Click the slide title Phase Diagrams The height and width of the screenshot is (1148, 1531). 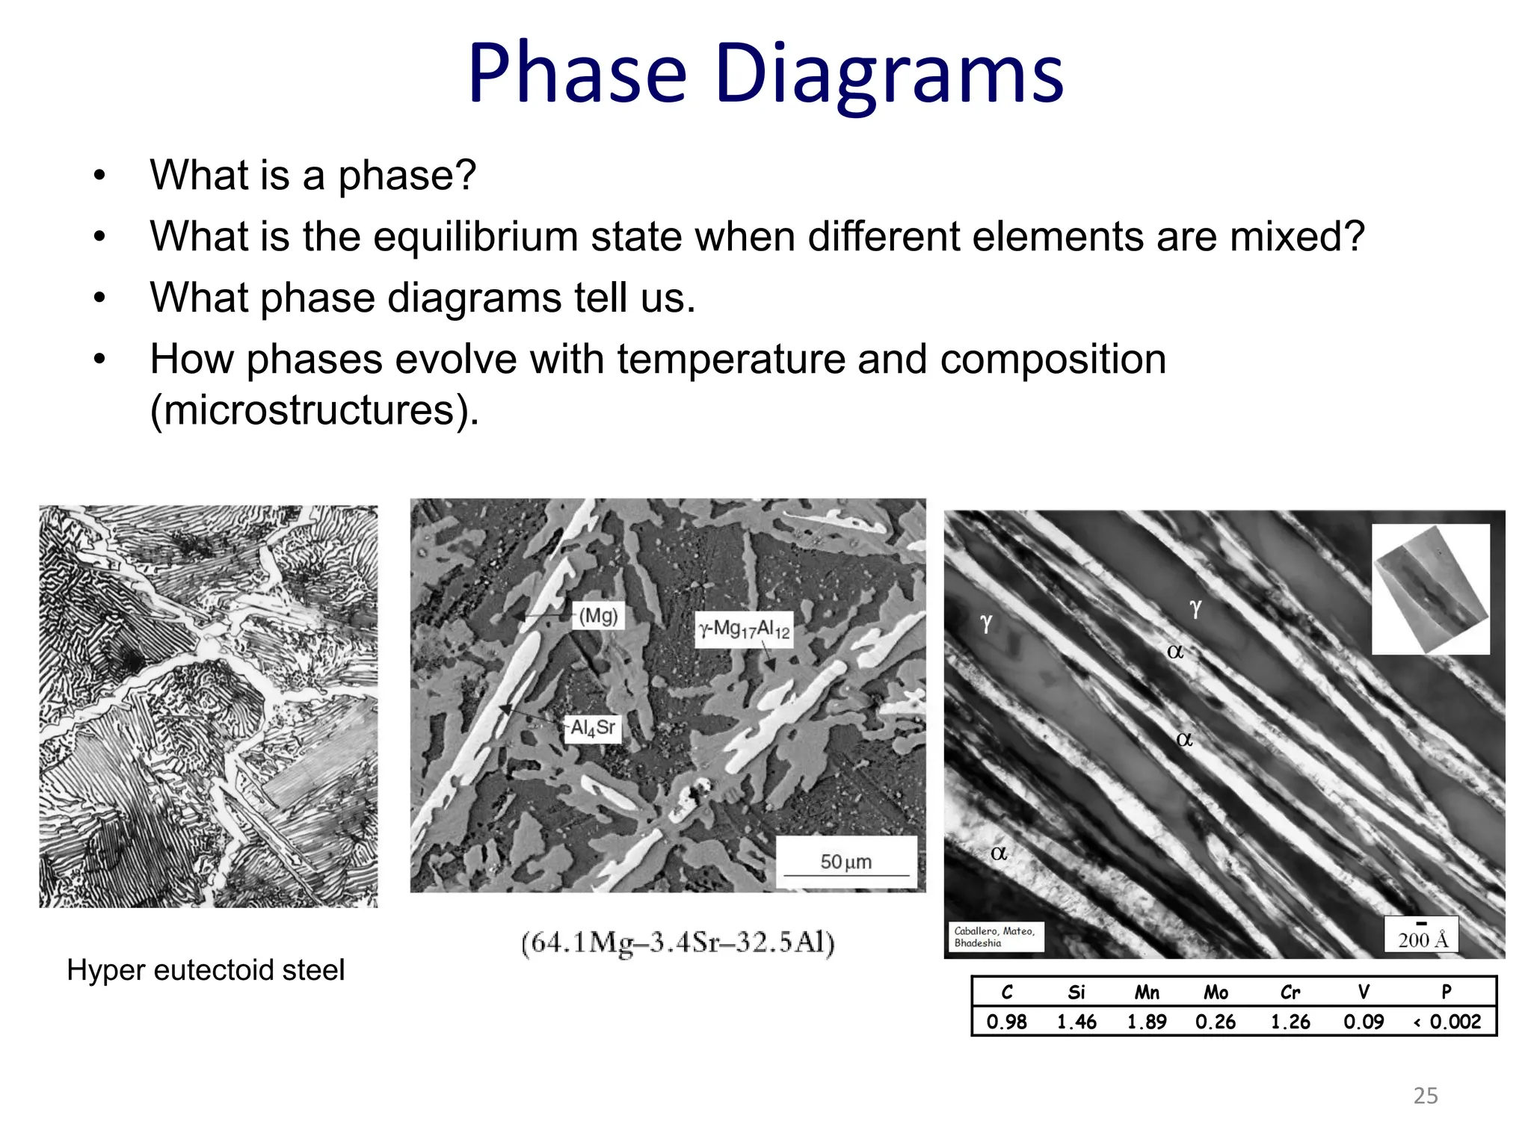[x=765, y=73]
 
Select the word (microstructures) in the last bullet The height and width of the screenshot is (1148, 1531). [x=314, y=410]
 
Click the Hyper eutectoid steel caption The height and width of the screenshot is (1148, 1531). [x=206, y=970]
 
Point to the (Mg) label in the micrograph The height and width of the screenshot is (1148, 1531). [x=598, y=616]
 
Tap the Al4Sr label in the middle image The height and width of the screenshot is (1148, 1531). [x=593, y=727]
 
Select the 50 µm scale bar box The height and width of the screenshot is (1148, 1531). [x=846, y=862]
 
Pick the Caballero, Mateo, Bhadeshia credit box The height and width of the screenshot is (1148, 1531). [x=994, y=936]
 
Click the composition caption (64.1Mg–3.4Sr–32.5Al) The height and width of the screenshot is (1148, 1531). [x=677, y=942]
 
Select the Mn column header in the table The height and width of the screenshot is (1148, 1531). [x=1146, y=992]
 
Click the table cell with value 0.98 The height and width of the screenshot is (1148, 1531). [x=1006, y=1022]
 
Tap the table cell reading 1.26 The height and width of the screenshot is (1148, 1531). [x=1290, y=1022]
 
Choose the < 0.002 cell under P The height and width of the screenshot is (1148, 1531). [x=1447, y=1022]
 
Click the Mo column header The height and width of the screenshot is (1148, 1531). [x=1216, y=992]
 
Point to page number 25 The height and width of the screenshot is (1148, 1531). [x=1426, y=1096]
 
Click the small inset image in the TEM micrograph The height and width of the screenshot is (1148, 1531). [x=1431, y=589]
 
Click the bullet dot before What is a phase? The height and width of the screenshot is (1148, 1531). [x=99, y=176]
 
